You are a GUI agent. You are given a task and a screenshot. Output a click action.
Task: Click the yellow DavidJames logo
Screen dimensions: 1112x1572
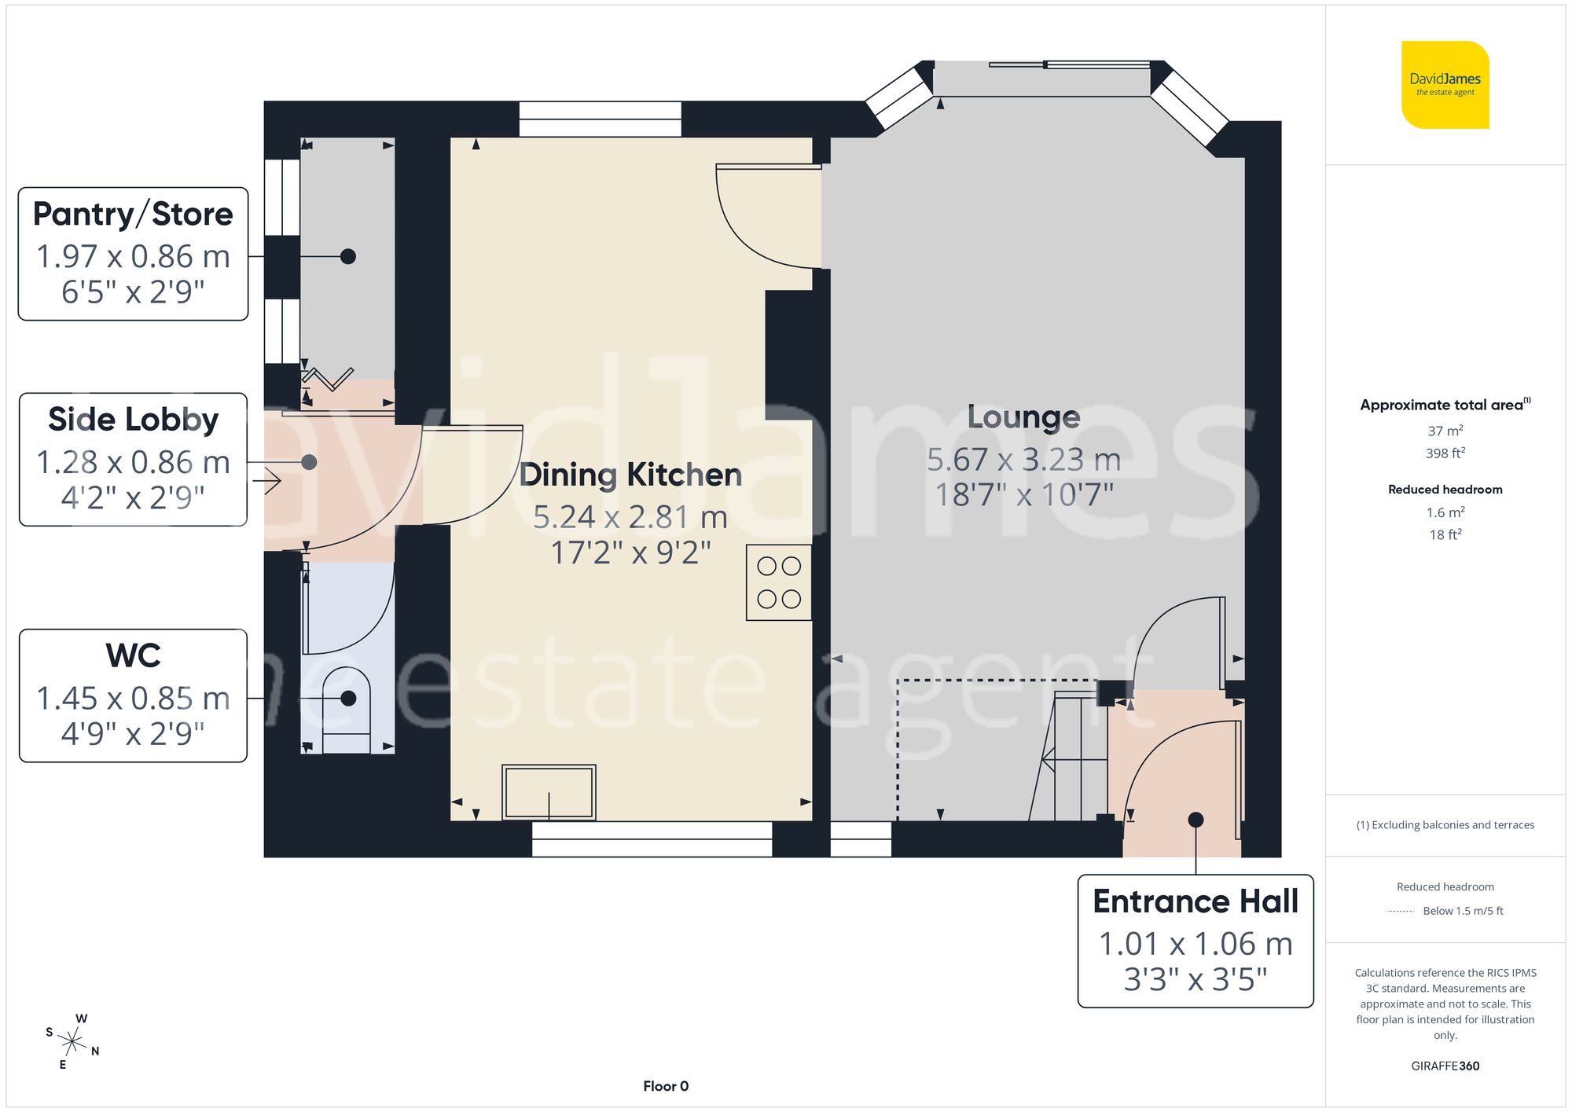pos(1445,85)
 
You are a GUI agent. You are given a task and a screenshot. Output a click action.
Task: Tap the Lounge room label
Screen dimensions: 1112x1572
pos(1023,417)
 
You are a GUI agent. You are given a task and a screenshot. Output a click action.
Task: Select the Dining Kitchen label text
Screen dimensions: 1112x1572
pos(630,475)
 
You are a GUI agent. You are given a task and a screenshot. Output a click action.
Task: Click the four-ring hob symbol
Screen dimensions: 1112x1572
pos(778,582)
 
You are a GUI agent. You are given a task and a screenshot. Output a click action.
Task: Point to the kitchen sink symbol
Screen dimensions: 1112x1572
pos(549,792)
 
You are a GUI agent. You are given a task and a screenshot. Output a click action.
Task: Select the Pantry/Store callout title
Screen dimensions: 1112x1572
pos(133,214)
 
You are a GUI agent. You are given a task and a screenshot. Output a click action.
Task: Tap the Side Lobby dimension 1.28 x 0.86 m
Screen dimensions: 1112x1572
pos(133,462)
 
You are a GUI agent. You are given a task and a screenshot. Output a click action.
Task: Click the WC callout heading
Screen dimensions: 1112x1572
pos(133,655)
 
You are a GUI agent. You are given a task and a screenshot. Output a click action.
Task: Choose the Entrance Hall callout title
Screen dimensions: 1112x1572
pos(1195,901)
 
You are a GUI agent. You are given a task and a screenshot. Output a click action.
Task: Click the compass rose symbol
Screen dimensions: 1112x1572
pos(72,1042)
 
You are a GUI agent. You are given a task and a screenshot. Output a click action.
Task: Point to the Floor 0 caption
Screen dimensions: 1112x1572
pos(665,1086)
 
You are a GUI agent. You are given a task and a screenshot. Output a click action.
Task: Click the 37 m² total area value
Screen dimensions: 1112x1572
pos(1445,431)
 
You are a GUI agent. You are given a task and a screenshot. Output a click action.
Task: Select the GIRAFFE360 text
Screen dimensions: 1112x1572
pos(1445,1066)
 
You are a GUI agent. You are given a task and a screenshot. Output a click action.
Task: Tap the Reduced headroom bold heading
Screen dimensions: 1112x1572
pos(1445,489)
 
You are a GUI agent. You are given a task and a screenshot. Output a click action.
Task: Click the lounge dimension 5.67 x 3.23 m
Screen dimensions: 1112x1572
pos(1023,460)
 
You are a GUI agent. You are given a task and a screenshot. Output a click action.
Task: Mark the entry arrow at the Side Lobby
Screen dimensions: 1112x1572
pos(271,480)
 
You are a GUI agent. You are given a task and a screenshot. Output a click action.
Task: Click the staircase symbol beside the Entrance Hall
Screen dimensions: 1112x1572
pos(1074,758)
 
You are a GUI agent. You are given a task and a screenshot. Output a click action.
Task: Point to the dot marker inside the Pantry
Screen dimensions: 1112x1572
pos(348,256)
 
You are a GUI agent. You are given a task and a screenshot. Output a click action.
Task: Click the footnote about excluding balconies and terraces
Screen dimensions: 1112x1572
pos(1445,824)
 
